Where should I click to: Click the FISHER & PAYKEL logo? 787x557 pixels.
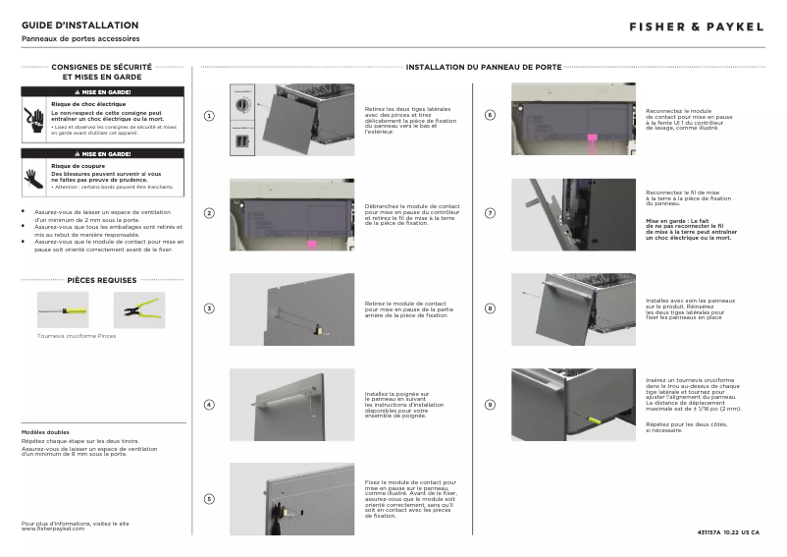coord(696,27)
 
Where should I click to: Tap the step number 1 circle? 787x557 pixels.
coord(209,116)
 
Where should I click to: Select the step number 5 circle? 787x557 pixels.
coord(209,499)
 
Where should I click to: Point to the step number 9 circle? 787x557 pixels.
coord(491,404)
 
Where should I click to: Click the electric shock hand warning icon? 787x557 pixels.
coord(34,119)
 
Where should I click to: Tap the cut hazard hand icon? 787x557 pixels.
coord(34,177)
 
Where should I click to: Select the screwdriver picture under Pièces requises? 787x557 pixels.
coord(63,310)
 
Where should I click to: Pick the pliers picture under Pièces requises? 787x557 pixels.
coord(139,310)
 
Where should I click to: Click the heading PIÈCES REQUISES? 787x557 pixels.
coord(102,280)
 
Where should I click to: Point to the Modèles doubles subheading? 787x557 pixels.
coord(45,432)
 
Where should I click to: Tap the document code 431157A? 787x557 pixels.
coord(708,531)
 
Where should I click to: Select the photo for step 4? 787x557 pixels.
coord(291,404)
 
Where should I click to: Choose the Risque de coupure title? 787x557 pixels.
coord(75,167)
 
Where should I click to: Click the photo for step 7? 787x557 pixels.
coord(573,213)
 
